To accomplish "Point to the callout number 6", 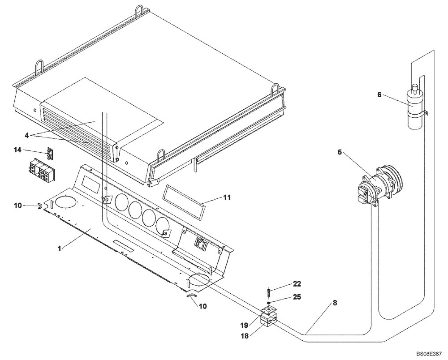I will click(380, 95).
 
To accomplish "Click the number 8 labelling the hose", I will click(336, 303).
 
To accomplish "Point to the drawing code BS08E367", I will click(428, 354).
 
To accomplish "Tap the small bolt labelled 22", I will click(268, 293).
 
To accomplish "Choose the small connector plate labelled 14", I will click(50, 154).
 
